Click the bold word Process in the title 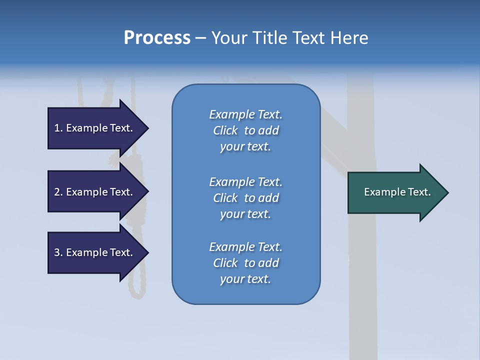click(x=157, y=37)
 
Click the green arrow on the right click(x=395, y=192)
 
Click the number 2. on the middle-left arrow click(x=58, y=192)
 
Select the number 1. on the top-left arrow click(x=58, y=128)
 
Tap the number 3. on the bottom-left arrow click(x=58, y=252)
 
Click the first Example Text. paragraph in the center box click(x=245, y=130)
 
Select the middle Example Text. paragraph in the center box click(x=245, y=198)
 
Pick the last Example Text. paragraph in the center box click(x=245, y=263)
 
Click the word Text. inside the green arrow click(x=419, y=192)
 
